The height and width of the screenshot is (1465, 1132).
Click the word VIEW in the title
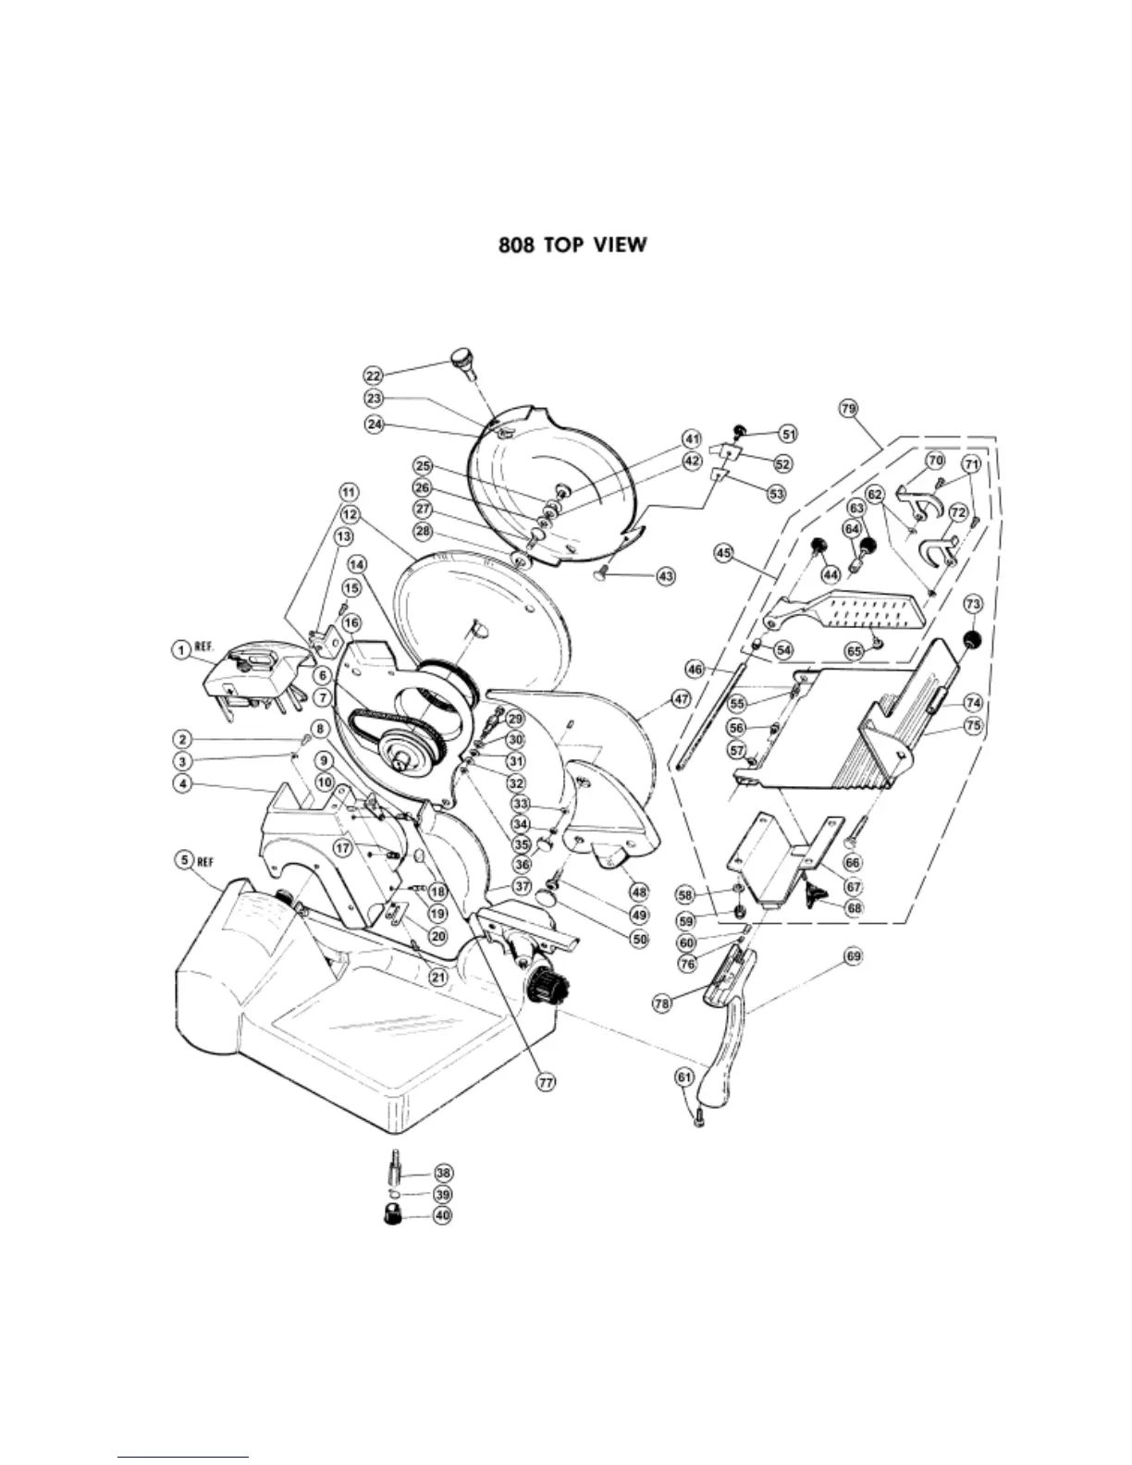point(614,246)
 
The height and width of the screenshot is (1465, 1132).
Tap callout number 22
point(373,375)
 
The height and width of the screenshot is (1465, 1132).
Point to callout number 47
point(681,700)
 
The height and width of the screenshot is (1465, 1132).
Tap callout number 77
point(547,1079)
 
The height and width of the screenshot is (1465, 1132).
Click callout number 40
point(443,1215)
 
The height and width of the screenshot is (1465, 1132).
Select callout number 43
point(665,575)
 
